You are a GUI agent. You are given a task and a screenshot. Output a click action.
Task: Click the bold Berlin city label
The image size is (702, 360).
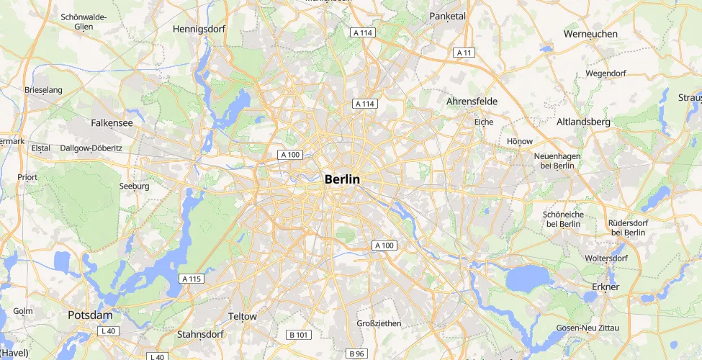pyautogui.click(x=342, y=179)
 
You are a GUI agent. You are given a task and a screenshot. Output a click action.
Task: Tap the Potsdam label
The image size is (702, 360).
pyautogui.click(x=90, y=315)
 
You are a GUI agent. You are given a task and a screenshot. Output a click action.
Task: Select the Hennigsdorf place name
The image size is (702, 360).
pyautogui.click(x=200, y=30)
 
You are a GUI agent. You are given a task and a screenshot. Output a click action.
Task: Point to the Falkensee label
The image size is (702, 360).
pyautogui.click(x=112, y=123)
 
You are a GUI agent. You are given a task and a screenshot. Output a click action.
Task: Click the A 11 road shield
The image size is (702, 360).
pyautogui.click(x=464, y=53)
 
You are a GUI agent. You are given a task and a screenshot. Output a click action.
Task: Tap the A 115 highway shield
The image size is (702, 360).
pyautogui.click(x=192, y=279)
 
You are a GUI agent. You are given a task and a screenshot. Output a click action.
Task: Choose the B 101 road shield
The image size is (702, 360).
pyautogui.click(x=298, y=335)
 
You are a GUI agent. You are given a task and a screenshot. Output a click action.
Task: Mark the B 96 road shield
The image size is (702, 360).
pyautogui.click(x=356, y=354)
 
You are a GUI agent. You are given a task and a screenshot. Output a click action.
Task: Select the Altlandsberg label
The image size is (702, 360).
pyautogui.click(x=583, y=122)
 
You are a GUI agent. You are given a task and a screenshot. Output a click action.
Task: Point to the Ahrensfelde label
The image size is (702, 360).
pyautogui.click(x=473, y=102)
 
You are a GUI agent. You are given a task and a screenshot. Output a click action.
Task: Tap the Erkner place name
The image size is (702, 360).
pyautogui.click(x=606, y=287)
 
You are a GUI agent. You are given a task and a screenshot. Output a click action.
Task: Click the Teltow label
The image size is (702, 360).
pyautogui.click(x=242, y=316)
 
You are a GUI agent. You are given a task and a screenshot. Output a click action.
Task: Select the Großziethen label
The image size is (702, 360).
pyautogui.click(x=379, y=323)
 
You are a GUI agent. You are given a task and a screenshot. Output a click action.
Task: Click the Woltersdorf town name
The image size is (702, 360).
pyautogui.click(x=607, y=258)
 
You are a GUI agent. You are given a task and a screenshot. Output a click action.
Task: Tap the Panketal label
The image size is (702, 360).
pyautogui.click(x=447, y=16)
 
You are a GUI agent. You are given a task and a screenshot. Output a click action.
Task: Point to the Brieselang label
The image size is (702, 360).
pyautogui.click(x=44, y=90)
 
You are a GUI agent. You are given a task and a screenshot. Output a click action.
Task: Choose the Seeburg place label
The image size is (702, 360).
pyautogui.click(x=134, y=186)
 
